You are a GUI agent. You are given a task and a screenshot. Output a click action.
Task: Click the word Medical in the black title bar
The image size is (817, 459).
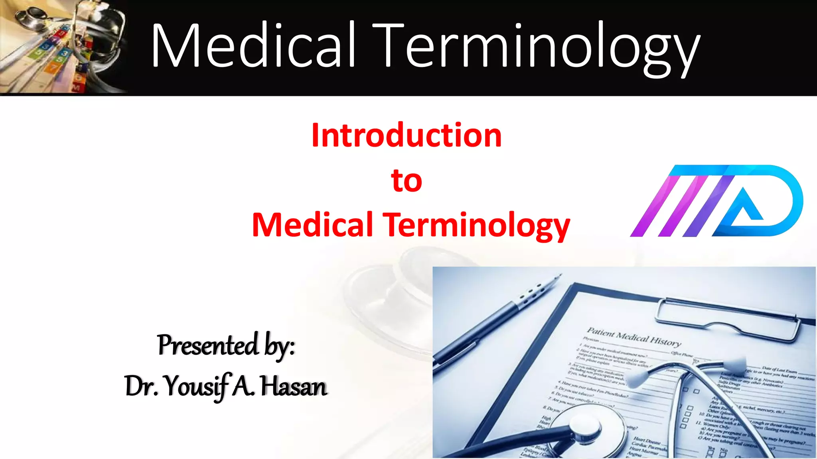253,46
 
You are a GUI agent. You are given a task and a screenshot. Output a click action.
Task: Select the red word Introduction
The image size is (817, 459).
406,135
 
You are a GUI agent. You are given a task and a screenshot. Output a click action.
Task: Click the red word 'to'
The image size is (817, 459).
407,180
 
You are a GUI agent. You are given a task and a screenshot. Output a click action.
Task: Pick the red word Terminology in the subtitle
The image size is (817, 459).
476,226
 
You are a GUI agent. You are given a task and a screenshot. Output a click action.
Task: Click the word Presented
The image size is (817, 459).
208,345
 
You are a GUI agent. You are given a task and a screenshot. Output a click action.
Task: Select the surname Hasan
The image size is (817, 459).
294,386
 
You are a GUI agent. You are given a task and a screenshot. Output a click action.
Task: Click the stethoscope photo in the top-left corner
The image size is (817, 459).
64,47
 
